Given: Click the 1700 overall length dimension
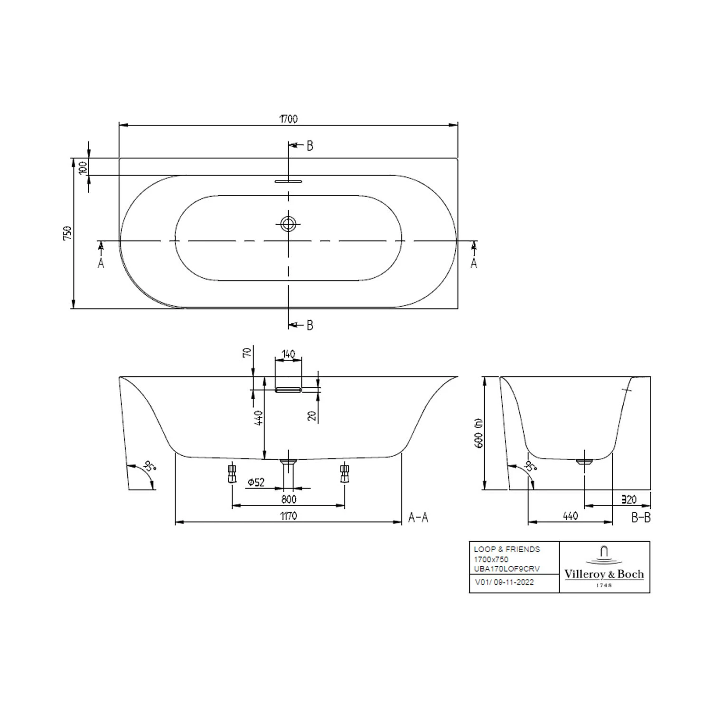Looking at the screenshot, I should pos(288,119).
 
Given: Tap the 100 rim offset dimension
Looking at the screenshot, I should pos(83,167).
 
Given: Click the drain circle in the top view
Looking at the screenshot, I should pos(288,223).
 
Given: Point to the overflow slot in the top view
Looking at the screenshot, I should pos(288,181).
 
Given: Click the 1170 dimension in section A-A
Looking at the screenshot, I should pos(288,516).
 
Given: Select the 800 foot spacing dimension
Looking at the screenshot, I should pos(288,499).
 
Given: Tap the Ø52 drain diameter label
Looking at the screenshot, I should pos(256,483).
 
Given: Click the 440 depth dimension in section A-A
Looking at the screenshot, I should pos(259,418).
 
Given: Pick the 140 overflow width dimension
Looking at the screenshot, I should pos(288,354).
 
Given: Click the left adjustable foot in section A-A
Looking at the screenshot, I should pos(232,473).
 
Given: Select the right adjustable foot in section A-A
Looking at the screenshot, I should pos(345,473).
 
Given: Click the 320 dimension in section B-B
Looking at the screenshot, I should pos(629,499).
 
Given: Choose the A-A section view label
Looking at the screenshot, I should pos(418,517).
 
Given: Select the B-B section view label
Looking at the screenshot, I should pos(641,517).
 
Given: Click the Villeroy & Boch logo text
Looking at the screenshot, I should pos(604,574).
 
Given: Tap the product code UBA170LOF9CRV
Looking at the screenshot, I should pos(507,569).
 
